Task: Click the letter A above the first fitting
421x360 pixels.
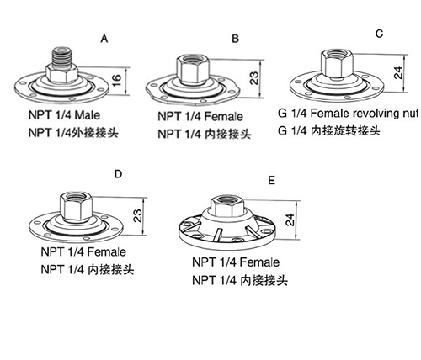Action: tap(104, 39)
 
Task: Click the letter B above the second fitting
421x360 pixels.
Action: tap(236, 39)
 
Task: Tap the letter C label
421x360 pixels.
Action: tap(379, 34)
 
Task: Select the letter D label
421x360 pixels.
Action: tap(119, 174)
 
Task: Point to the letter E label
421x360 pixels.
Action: tap(271, 180)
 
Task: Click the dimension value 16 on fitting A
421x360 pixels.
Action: tap(118, 80)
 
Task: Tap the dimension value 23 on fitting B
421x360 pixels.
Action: tap(254, 78)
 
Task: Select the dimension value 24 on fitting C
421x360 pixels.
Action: tap(398, 73)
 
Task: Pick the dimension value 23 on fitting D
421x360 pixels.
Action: tap(138, 216)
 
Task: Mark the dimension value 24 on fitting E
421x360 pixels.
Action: tap(290, 220)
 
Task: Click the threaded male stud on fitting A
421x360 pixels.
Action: tap(61, 57)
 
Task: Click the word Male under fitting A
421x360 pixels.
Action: tap(87, 115)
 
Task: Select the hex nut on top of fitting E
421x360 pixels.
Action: tap(226, 206)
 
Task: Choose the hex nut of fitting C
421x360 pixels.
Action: tap(337, 64)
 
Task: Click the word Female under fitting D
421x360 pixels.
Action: tap(107, 251)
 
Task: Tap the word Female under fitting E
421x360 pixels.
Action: tap(260, 262)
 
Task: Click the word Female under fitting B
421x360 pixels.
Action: tap(224, 116)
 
